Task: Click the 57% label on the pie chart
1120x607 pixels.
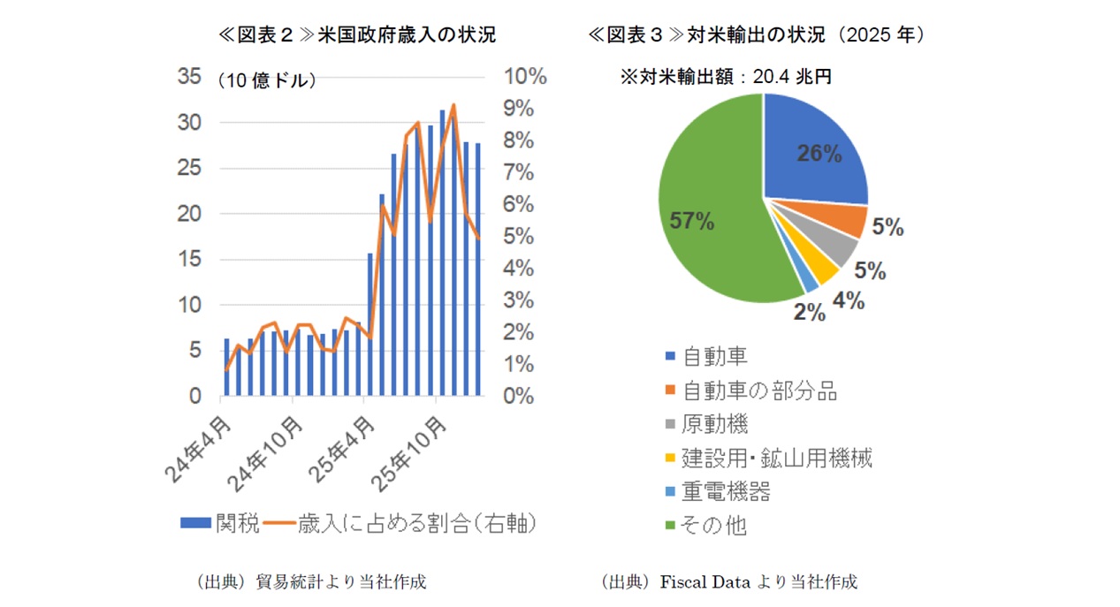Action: (691, 221)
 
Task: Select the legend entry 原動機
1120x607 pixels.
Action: (715, 424)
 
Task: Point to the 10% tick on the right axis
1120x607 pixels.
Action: (525, 77)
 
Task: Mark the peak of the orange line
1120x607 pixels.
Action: (453, 105)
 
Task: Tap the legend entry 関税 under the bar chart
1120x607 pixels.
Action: (220, 522)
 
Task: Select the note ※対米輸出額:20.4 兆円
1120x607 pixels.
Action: (726, 78)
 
